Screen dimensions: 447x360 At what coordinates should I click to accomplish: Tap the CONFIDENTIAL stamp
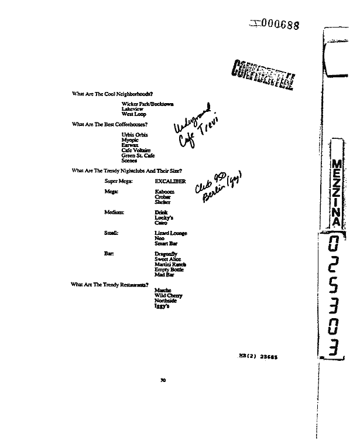[263, 72]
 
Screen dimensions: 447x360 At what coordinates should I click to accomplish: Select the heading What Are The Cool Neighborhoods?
[112, 94]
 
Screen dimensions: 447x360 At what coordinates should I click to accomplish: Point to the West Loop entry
[134, 114]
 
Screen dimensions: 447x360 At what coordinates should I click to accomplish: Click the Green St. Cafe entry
[138, 155]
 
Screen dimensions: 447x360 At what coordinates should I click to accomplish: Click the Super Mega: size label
[118, 182]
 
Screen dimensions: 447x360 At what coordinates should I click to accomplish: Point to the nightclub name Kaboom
[164, 192]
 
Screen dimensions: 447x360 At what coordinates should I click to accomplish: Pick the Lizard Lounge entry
[171, 233]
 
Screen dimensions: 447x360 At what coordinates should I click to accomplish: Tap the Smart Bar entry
[166, 243]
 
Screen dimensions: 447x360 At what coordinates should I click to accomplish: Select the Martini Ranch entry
[170, 264]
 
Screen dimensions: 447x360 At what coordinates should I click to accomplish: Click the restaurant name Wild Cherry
[169, 296]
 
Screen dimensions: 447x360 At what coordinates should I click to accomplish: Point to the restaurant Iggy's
[162, 306]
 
